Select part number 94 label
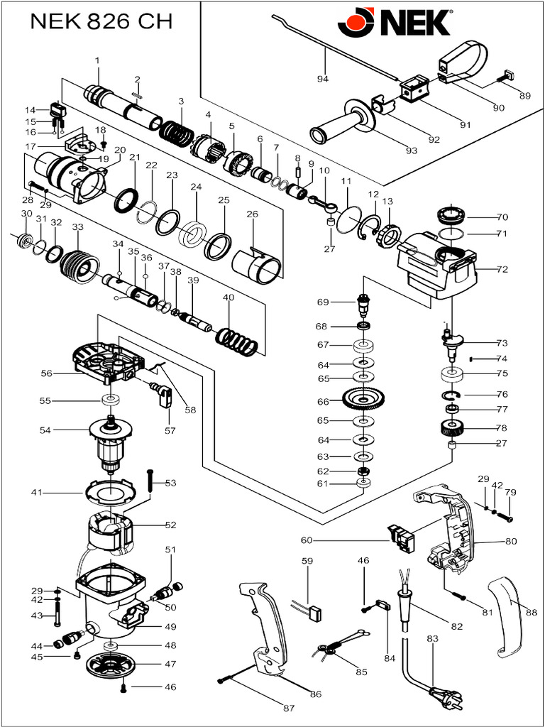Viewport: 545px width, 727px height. click(323, 79)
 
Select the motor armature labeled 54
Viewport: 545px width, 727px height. click(112, 444)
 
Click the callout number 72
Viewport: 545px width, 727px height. click(502, 270)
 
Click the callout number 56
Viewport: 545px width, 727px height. click(46, 373)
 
